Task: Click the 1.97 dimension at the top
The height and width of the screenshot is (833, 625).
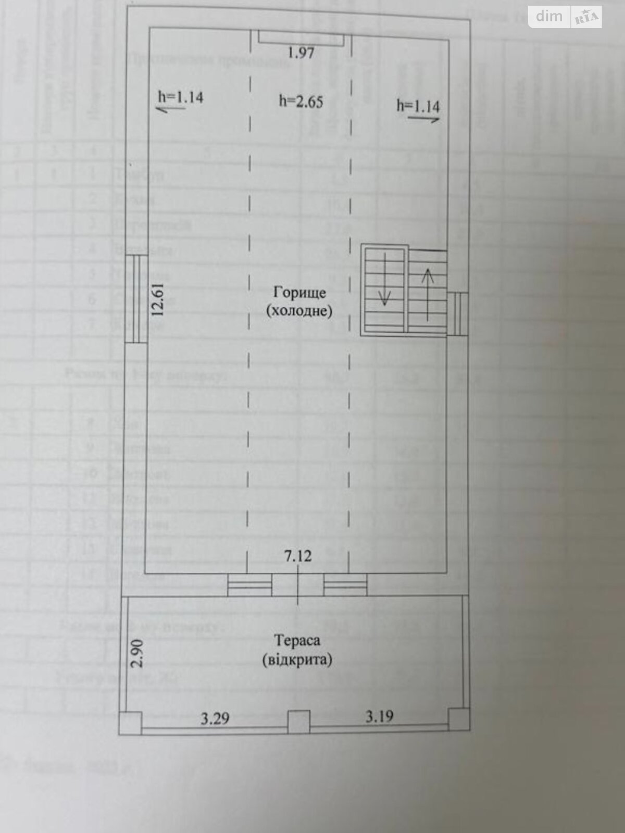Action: click(x=301, y=53)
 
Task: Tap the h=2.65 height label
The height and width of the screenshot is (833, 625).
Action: click(x=301, y=101)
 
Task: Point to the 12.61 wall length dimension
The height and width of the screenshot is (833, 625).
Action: click(x=158, y=299)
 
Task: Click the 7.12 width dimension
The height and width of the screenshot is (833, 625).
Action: click(x=298, y=556)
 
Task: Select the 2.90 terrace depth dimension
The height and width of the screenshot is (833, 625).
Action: click(x=136, y=654)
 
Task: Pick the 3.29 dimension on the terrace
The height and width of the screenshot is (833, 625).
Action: click(x=215, y=718)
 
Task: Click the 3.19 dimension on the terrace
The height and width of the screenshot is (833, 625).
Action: click(x=379, y=716)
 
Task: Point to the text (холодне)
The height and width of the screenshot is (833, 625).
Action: click(x=298, y=311)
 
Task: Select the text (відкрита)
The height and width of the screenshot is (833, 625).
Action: click(x=298, y=660)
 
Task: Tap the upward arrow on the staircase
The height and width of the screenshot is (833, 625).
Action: click(x=428, y=293)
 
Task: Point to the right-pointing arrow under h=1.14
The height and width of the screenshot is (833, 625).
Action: click(x=424, y=119)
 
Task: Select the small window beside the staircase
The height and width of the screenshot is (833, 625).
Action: click(x=457, y=313)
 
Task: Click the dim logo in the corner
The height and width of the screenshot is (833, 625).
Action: click(x=549, y=17)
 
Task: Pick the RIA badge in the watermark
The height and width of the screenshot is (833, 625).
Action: click(x=587, y=18)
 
